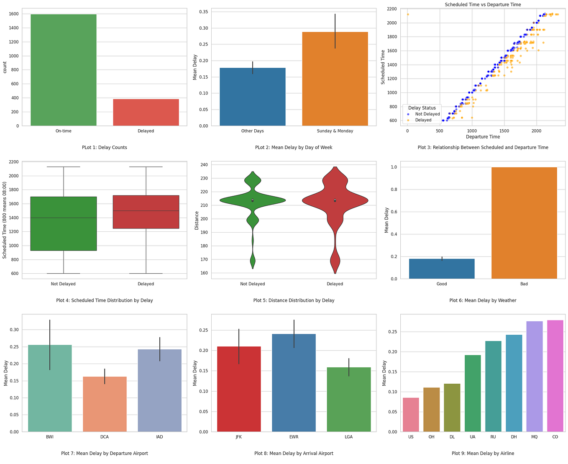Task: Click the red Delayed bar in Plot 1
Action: (146, 112)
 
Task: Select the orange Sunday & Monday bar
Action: (335, 79)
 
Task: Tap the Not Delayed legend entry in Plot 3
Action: (427, 114)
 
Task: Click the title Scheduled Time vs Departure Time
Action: (483, 5)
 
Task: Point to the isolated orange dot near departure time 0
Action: (408, 15)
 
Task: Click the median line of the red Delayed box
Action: (146, 211)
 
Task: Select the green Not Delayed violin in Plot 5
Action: (253, 200)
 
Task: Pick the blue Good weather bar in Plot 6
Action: (442, 269)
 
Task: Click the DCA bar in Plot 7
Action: (105, 404)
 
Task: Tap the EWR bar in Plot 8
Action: (294, 383)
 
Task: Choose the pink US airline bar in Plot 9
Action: (411, 415)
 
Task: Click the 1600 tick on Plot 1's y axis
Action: (13, 14)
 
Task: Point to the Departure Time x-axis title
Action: (483, 137)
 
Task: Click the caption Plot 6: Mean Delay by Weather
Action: (483, 300)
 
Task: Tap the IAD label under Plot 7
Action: (159, 437)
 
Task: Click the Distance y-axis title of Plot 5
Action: (197, 220)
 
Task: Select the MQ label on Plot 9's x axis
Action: (534, 437)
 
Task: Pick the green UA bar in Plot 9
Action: (473, 393)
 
